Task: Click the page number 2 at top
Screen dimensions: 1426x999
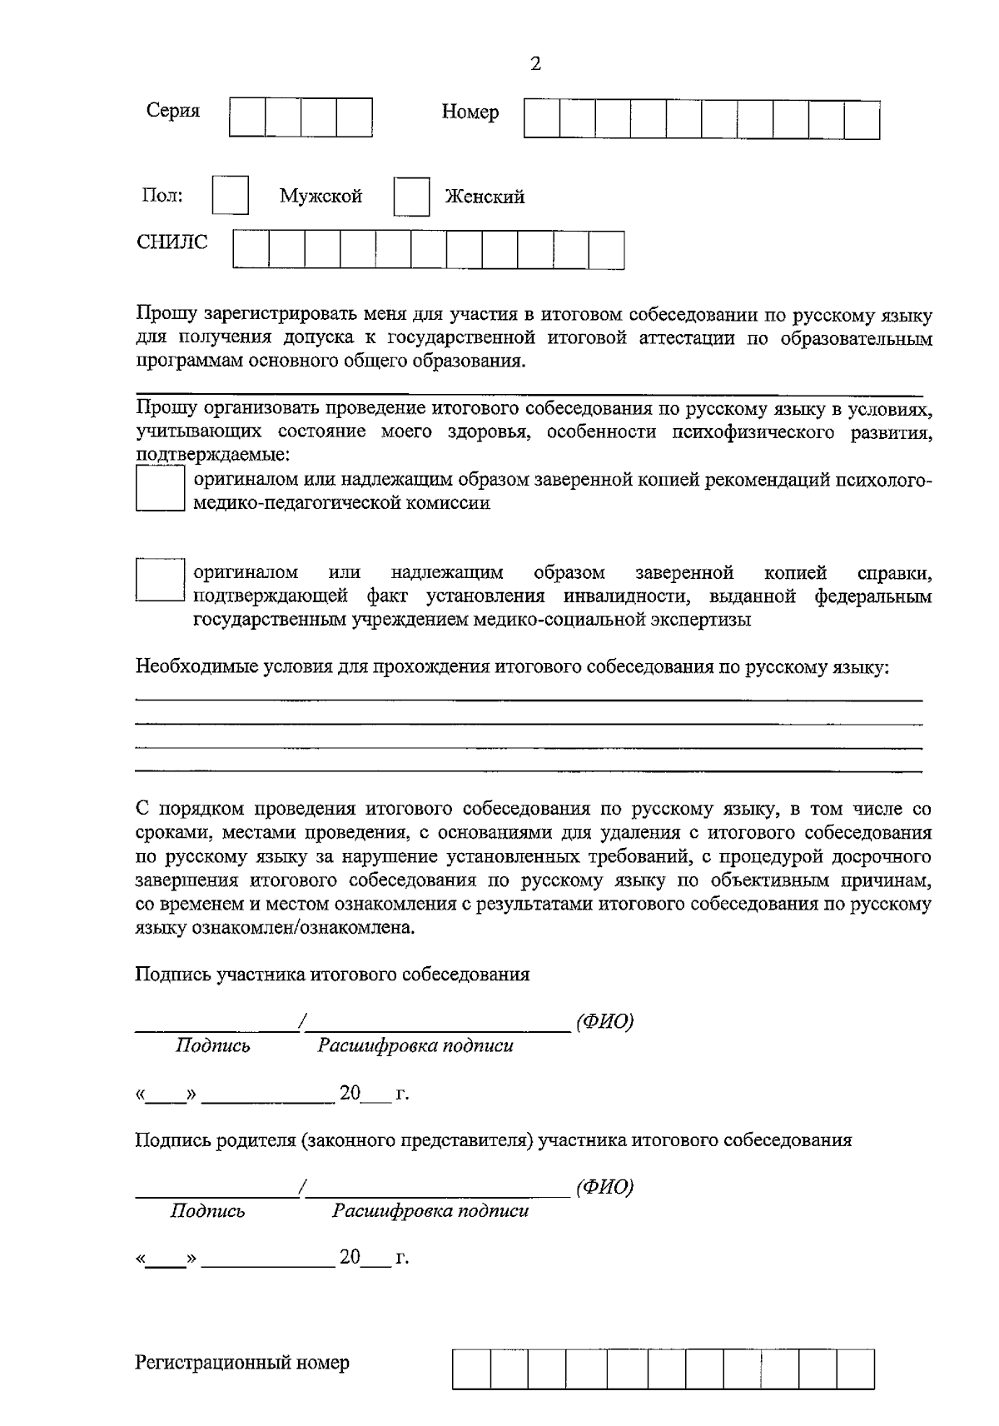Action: click(x=536, y=64)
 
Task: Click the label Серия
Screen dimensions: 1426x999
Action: click(x=173, y=111)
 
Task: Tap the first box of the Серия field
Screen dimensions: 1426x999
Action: click(x=247, y=117)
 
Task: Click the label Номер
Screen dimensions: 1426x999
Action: click(x=470, y=112)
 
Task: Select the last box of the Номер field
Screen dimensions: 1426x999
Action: click(x=862, y=119)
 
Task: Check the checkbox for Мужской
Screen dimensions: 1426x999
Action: click(x=231, y=196)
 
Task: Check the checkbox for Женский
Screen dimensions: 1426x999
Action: click(x=411, y=197)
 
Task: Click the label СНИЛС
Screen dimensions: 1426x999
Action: click(x=172, y=242)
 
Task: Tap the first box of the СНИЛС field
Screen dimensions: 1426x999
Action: click(x=251, y=249)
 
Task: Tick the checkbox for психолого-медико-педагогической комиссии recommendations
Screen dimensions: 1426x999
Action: click(x=160, y=489)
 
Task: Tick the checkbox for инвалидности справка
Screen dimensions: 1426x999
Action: click(x=160, y=580)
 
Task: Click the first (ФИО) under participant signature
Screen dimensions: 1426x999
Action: click(x=604, y=1022)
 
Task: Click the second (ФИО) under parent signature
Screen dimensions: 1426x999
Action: click(x=604, y=1187)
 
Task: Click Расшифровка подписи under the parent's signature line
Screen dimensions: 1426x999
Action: click(x=430, y=1210)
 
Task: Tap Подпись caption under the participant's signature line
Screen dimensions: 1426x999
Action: click(x=212, y=1046)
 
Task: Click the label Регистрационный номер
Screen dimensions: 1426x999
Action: click(x=242, y=1363)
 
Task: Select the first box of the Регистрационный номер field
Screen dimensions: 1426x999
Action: click(x=472, y=1369)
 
